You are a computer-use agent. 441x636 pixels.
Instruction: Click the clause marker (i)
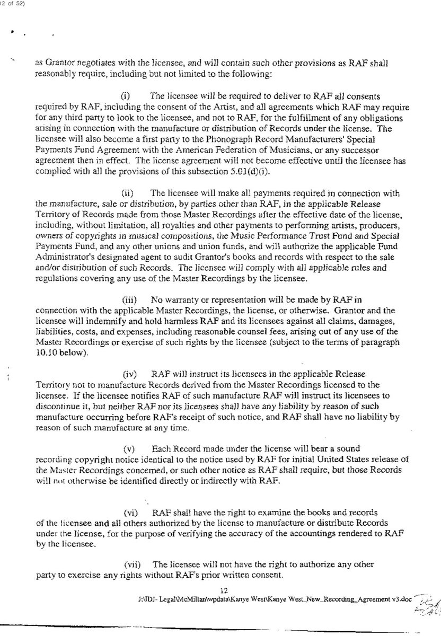tap(126, 96)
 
